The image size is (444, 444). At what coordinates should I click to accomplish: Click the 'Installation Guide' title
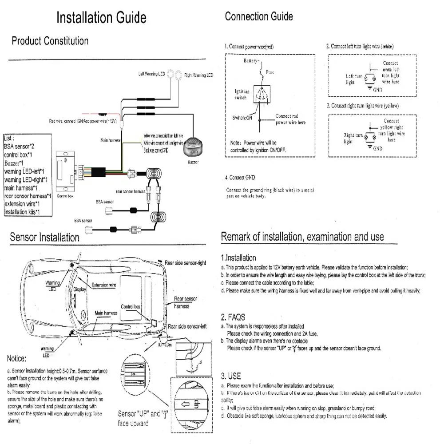click(101, 17)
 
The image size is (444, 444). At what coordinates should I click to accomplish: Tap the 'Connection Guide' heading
click(259, 16)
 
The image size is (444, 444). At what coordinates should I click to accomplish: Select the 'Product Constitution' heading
click(50, 41)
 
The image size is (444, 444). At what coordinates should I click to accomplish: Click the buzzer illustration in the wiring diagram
click(193, 146)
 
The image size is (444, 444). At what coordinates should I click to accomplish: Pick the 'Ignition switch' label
click(242, 94)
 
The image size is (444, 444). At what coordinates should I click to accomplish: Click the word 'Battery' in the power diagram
click(250, 60)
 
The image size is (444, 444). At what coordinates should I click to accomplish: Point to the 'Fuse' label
click(270, 71)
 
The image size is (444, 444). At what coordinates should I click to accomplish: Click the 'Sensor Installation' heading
click(44, 237)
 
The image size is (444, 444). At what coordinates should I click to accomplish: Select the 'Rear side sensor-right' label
click(185, 263)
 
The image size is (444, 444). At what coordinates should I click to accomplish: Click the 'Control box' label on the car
click(130, 307)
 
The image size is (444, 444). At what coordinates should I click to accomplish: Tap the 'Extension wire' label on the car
click(103, 285)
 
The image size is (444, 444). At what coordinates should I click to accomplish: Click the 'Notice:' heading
click(17, 358)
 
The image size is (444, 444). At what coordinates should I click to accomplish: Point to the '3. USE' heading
click(231, 376)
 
